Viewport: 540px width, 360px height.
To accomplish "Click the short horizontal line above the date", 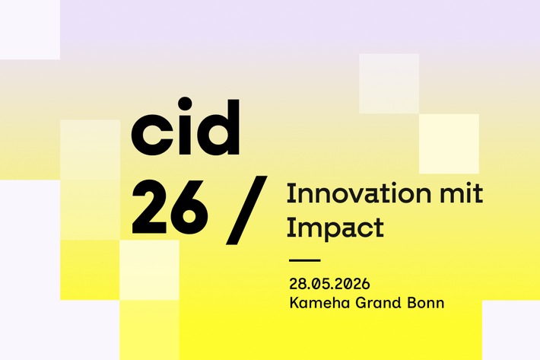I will (x=305, y=260).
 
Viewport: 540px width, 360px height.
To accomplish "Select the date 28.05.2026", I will (x=329, y=284).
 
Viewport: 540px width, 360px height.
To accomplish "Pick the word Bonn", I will (x=427, y=303).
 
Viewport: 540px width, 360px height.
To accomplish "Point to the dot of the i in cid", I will (x=181, y=109).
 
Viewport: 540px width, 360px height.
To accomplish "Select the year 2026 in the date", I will (x=353, y=284).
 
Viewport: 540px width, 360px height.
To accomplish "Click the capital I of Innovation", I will (x=290, y=194).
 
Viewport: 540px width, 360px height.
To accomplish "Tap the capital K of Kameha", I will (x=294, y=303).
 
